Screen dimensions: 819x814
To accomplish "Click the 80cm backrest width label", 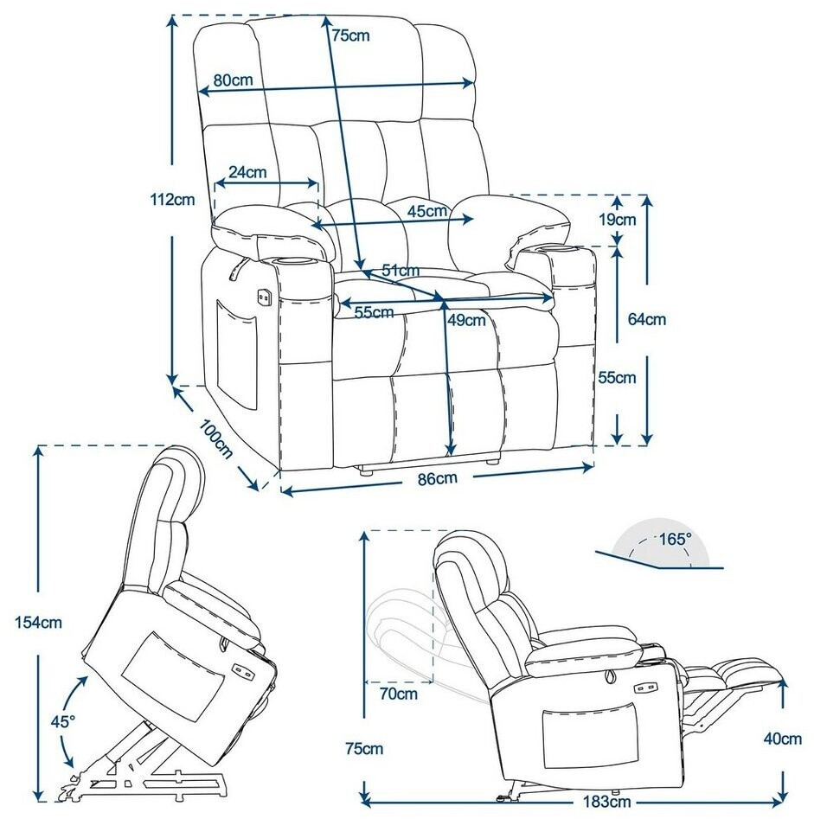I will pos(233,80).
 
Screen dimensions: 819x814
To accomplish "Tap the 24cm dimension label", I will pos(249,171).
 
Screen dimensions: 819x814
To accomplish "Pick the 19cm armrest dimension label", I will pos(619,219).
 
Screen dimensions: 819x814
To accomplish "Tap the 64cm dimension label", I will pos(647,319).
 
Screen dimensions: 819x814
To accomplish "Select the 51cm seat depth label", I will pos(401,271).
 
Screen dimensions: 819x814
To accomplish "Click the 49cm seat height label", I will pos(466,320).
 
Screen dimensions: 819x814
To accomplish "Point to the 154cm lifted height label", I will pos(40,621).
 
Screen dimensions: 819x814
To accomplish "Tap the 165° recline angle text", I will pos(675,539).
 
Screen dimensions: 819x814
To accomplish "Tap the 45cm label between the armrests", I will pos(427,210).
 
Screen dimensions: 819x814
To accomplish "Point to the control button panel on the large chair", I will pos(262,297).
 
